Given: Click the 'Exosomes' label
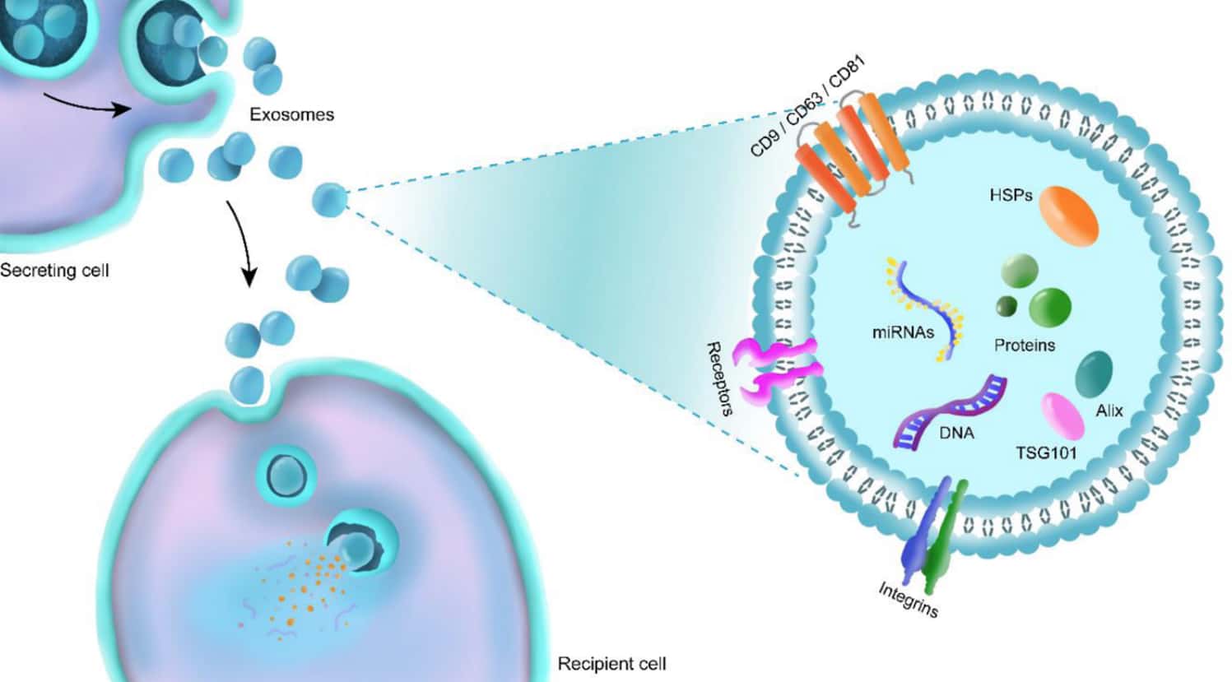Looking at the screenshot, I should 292,114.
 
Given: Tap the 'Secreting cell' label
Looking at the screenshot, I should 54,270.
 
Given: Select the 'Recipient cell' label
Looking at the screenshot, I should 611,663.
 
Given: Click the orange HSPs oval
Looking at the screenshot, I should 1068,216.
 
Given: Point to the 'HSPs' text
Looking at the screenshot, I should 1011,196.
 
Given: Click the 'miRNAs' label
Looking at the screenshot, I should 903,332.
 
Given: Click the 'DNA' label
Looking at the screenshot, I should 955,432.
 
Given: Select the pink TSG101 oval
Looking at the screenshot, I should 1062,415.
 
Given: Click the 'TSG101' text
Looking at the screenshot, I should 1046,452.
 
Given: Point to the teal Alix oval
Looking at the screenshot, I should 1094,375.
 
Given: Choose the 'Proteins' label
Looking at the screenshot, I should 1024,345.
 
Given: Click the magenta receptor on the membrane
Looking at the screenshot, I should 779,370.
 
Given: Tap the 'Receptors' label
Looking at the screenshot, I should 719,378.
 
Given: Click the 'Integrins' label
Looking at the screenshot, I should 908,599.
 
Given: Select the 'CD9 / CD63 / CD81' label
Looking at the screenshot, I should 807,106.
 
